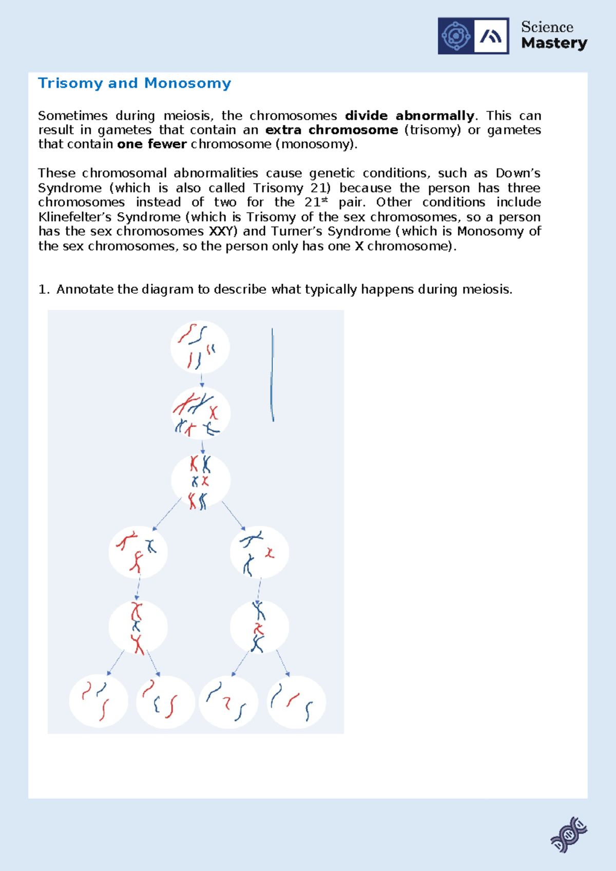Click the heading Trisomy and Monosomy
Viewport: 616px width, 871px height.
click(134, 83)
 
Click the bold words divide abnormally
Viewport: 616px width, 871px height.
click(409, 116)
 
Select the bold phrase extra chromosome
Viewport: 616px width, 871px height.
click(332, 130)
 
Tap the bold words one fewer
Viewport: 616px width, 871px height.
click(151, 144)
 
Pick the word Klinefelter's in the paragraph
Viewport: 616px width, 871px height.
click(73, 217)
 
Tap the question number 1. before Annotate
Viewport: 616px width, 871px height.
click(44, 290)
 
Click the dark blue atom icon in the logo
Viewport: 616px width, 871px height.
click(456, 36)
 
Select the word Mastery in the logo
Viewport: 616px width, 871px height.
click(554, 44)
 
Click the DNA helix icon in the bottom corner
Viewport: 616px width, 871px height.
click(569, 835)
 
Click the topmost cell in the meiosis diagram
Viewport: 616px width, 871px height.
click(200, 347)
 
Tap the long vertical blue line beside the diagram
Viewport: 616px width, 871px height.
click(272, 375)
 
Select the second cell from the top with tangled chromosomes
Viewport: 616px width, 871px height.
click(201, 413)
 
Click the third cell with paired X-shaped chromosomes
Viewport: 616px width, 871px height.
click(201, 481)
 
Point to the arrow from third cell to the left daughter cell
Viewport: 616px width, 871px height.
click(167, 514)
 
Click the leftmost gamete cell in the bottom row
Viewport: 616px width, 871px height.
click(99, 701)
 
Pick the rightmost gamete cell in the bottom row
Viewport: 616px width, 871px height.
click(296, 702)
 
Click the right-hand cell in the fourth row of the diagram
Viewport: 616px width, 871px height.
click(259, 553)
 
